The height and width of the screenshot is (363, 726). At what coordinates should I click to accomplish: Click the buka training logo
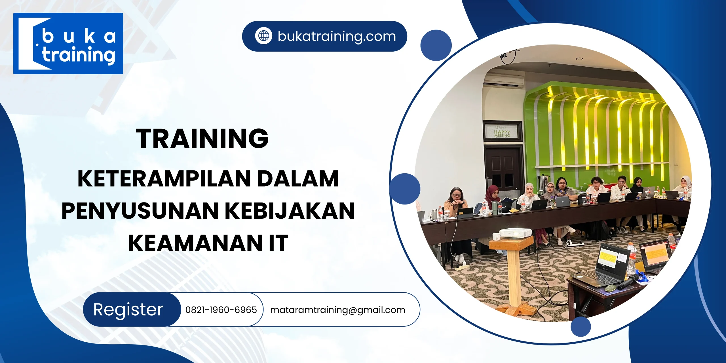(68, 43)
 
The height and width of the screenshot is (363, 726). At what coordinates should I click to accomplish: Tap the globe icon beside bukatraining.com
(263, 36)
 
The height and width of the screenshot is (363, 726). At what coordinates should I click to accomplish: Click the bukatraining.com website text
(337, 36)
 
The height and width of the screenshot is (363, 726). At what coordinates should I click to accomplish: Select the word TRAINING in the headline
(202, 138)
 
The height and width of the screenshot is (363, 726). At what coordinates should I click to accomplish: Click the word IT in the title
(278, 243)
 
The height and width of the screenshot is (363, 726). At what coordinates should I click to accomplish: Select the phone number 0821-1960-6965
(221, 310)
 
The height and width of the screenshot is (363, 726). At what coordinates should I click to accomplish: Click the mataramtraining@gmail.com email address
(337, 310)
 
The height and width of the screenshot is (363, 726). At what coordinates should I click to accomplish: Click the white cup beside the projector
(496, 237)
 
